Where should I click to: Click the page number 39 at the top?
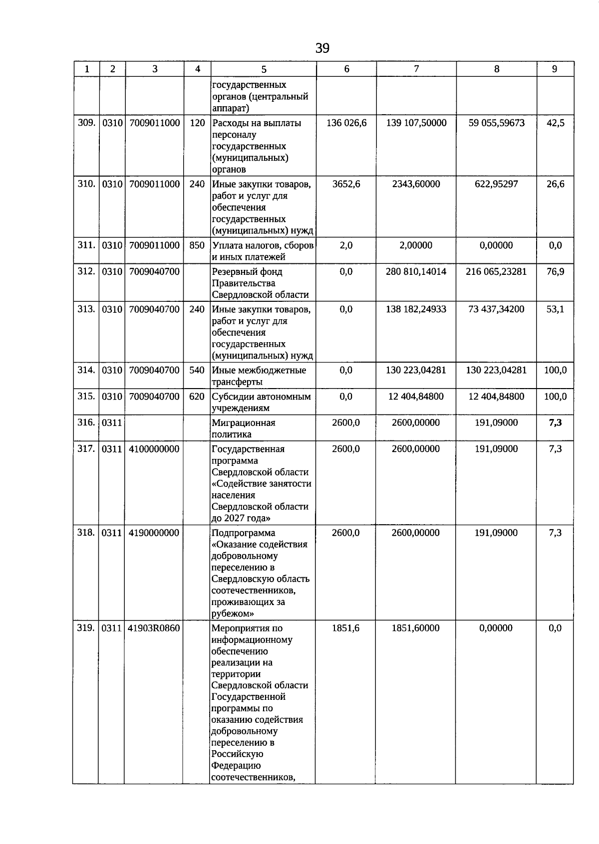click(322, 48)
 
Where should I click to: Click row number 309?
click(86, 123)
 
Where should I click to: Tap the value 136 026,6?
click(346, 123)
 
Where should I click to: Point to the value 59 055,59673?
click(496, 123)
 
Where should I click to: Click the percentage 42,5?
click(555, 123)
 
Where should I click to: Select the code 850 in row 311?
click(197, 245)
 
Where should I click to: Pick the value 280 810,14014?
click(416, 272)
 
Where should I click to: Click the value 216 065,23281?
click(496, 272)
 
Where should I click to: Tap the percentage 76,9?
click(555, 272)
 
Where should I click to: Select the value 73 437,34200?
click(496, 309)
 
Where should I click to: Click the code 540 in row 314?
click(197, 370)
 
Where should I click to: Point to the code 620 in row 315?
click(197, 397)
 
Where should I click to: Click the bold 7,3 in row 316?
click(555, 423)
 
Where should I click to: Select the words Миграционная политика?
click(244, 428)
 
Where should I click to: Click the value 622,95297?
click(496, 184)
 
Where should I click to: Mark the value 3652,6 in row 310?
click(346, 184)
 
